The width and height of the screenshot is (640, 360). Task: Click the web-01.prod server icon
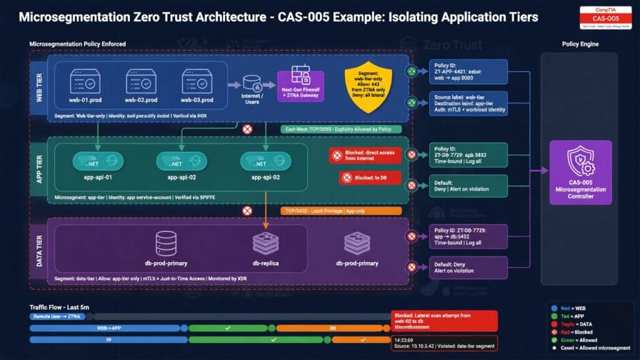tap(85, 81)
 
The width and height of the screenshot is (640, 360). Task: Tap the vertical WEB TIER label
tap(39, 87)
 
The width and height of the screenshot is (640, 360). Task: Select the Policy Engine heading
tap(581, 44)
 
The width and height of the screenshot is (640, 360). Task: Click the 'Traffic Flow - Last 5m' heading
tap(61, 307)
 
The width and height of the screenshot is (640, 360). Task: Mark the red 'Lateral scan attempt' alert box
tap(444, 321)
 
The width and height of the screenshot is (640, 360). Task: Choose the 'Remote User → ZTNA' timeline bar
tap(61, 317)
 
